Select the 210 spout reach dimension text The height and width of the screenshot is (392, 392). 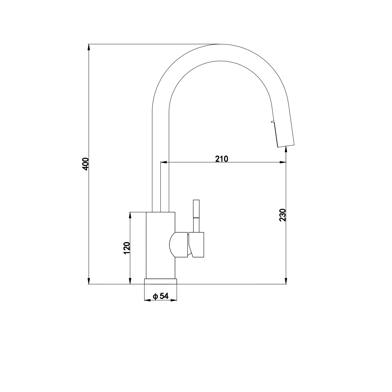(221, 159)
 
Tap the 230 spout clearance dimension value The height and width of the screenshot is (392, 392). (283, 215)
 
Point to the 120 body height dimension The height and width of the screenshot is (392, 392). (127, 248)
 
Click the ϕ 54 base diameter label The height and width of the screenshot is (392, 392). (160, 296)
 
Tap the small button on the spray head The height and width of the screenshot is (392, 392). (271, 122)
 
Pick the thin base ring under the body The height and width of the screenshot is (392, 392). (160, 281)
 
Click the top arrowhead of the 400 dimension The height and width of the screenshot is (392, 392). (89, 47)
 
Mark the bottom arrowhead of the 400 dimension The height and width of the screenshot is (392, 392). (89, 281)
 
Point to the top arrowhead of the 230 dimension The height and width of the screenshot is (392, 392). (286, 150)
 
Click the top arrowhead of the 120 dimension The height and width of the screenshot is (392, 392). (131, 216)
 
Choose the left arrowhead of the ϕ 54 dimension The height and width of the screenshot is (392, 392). (147, 300)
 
